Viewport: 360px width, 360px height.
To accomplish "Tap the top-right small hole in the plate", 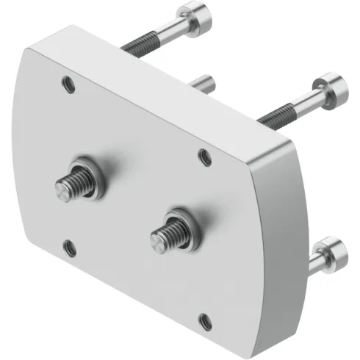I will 205,155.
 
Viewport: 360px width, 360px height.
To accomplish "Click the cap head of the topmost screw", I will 195,15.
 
